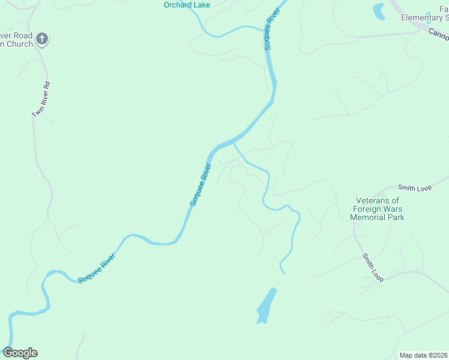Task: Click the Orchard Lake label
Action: [x=187, y=5]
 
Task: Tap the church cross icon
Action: [x=41, y=40]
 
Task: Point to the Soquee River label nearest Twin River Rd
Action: [x=201, y=184]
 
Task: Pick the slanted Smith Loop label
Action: [x=372, y=268]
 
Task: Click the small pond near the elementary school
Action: [x=379, y=11]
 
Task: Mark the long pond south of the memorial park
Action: [x=267, y=305]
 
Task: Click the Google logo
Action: [x=20, y=353]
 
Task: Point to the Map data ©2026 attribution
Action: [x=423, y=355]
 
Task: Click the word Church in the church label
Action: [x=22, y=44]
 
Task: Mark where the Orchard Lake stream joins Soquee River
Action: [x=266, y=28]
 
